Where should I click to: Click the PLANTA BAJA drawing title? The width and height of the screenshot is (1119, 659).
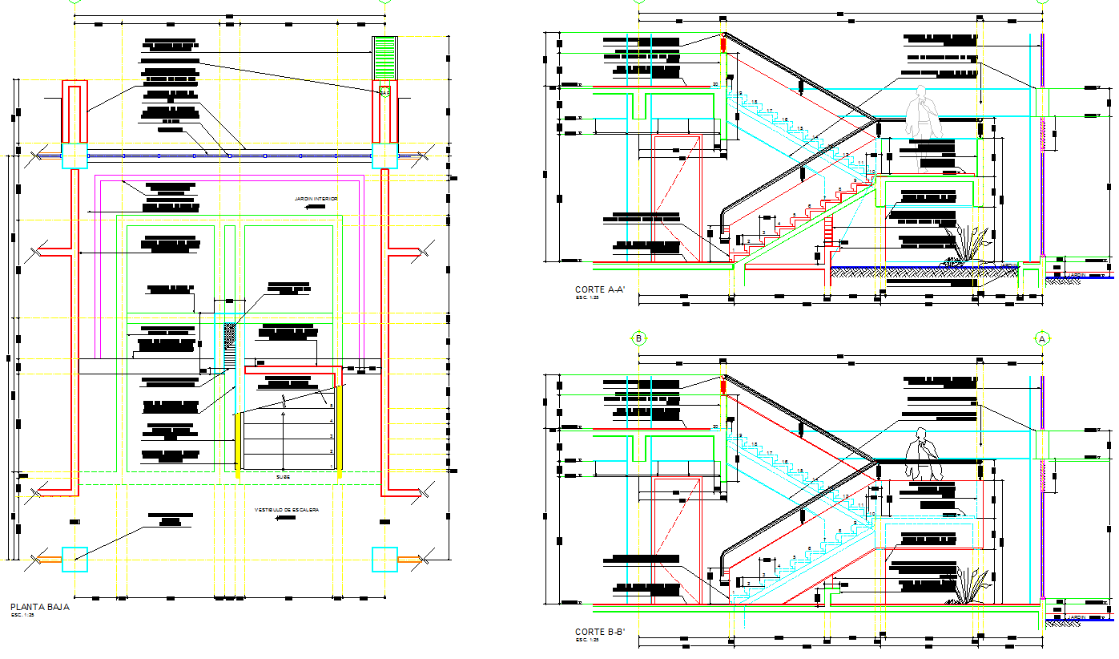click(39, 607)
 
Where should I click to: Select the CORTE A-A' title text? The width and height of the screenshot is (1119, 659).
click(600, 289)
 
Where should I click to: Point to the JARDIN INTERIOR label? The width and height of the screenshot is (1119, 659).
click(316, 199)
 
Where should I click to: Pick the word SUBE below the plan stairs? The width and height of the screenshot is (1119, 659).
click(284, 477)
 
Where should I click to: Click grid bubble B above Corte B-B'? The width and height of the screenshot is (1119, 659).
click(639, 338)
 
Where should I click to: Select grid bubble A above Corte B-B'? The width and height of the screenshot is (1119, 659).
click(1042, 338)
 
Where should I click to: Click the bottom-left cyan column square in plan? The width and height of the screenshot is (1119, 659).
click(74, 559)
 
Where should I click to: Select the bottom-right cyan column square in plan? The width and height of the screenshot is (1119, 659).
click(384, 559)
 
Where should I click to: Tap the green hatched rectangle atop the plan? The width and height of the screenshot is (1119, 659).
click(385, 58)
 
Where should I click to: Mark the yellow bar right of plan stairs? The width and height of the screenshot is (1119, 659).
click(340, 431)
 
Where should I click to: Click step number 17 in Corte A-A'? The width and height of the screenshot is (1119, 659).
click(768, 110)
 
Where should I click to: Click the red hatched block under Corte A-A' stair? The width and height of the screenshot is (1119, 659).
click(827, 232)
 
